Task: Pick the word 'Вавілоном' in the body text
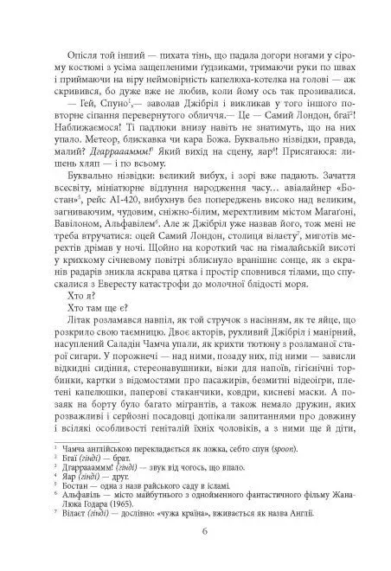(x=82, y=209)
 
